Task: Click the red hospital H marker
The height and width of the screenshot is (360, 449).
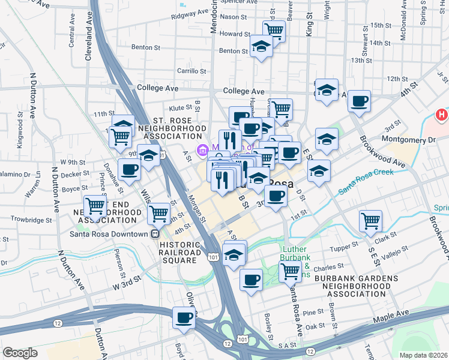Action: [x=442, y=114]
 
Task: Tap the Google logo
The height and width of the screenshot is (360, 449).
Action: [x=20, y=353]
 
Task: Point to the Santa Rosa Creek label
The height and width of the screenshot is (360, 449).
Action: [x=366, y=181]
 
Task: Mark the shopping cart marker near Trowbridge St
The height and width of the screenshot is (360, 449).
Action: [x=95, y=206]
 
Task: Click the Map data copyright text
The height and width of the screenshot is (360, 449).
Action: [x=424, y=355]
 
